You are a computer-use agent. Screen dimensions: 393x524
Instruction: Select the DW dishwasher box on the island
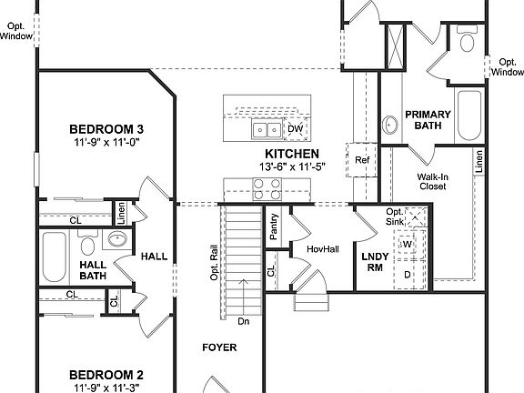tap(295, 130)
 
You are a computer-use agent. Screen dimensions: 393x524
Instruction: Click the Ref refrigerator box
tap(362, 161)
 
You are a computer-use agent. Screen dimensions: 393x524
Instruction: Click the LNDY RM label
tap(374, 263)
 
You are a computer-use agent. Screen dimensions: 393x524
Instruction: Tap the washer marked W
tap(408, 244)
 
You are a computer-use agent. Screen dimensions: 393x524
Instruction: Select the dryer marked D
tap(408, 273)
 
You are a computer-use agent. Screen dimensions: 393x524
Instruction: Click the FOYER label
tap(219, 348)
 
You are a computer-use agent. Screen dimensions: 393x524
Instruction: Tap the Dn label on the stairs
tap(243, 320)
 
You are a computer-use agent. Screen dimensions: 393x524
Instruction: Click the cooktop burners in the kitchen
tap(267, 188)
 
